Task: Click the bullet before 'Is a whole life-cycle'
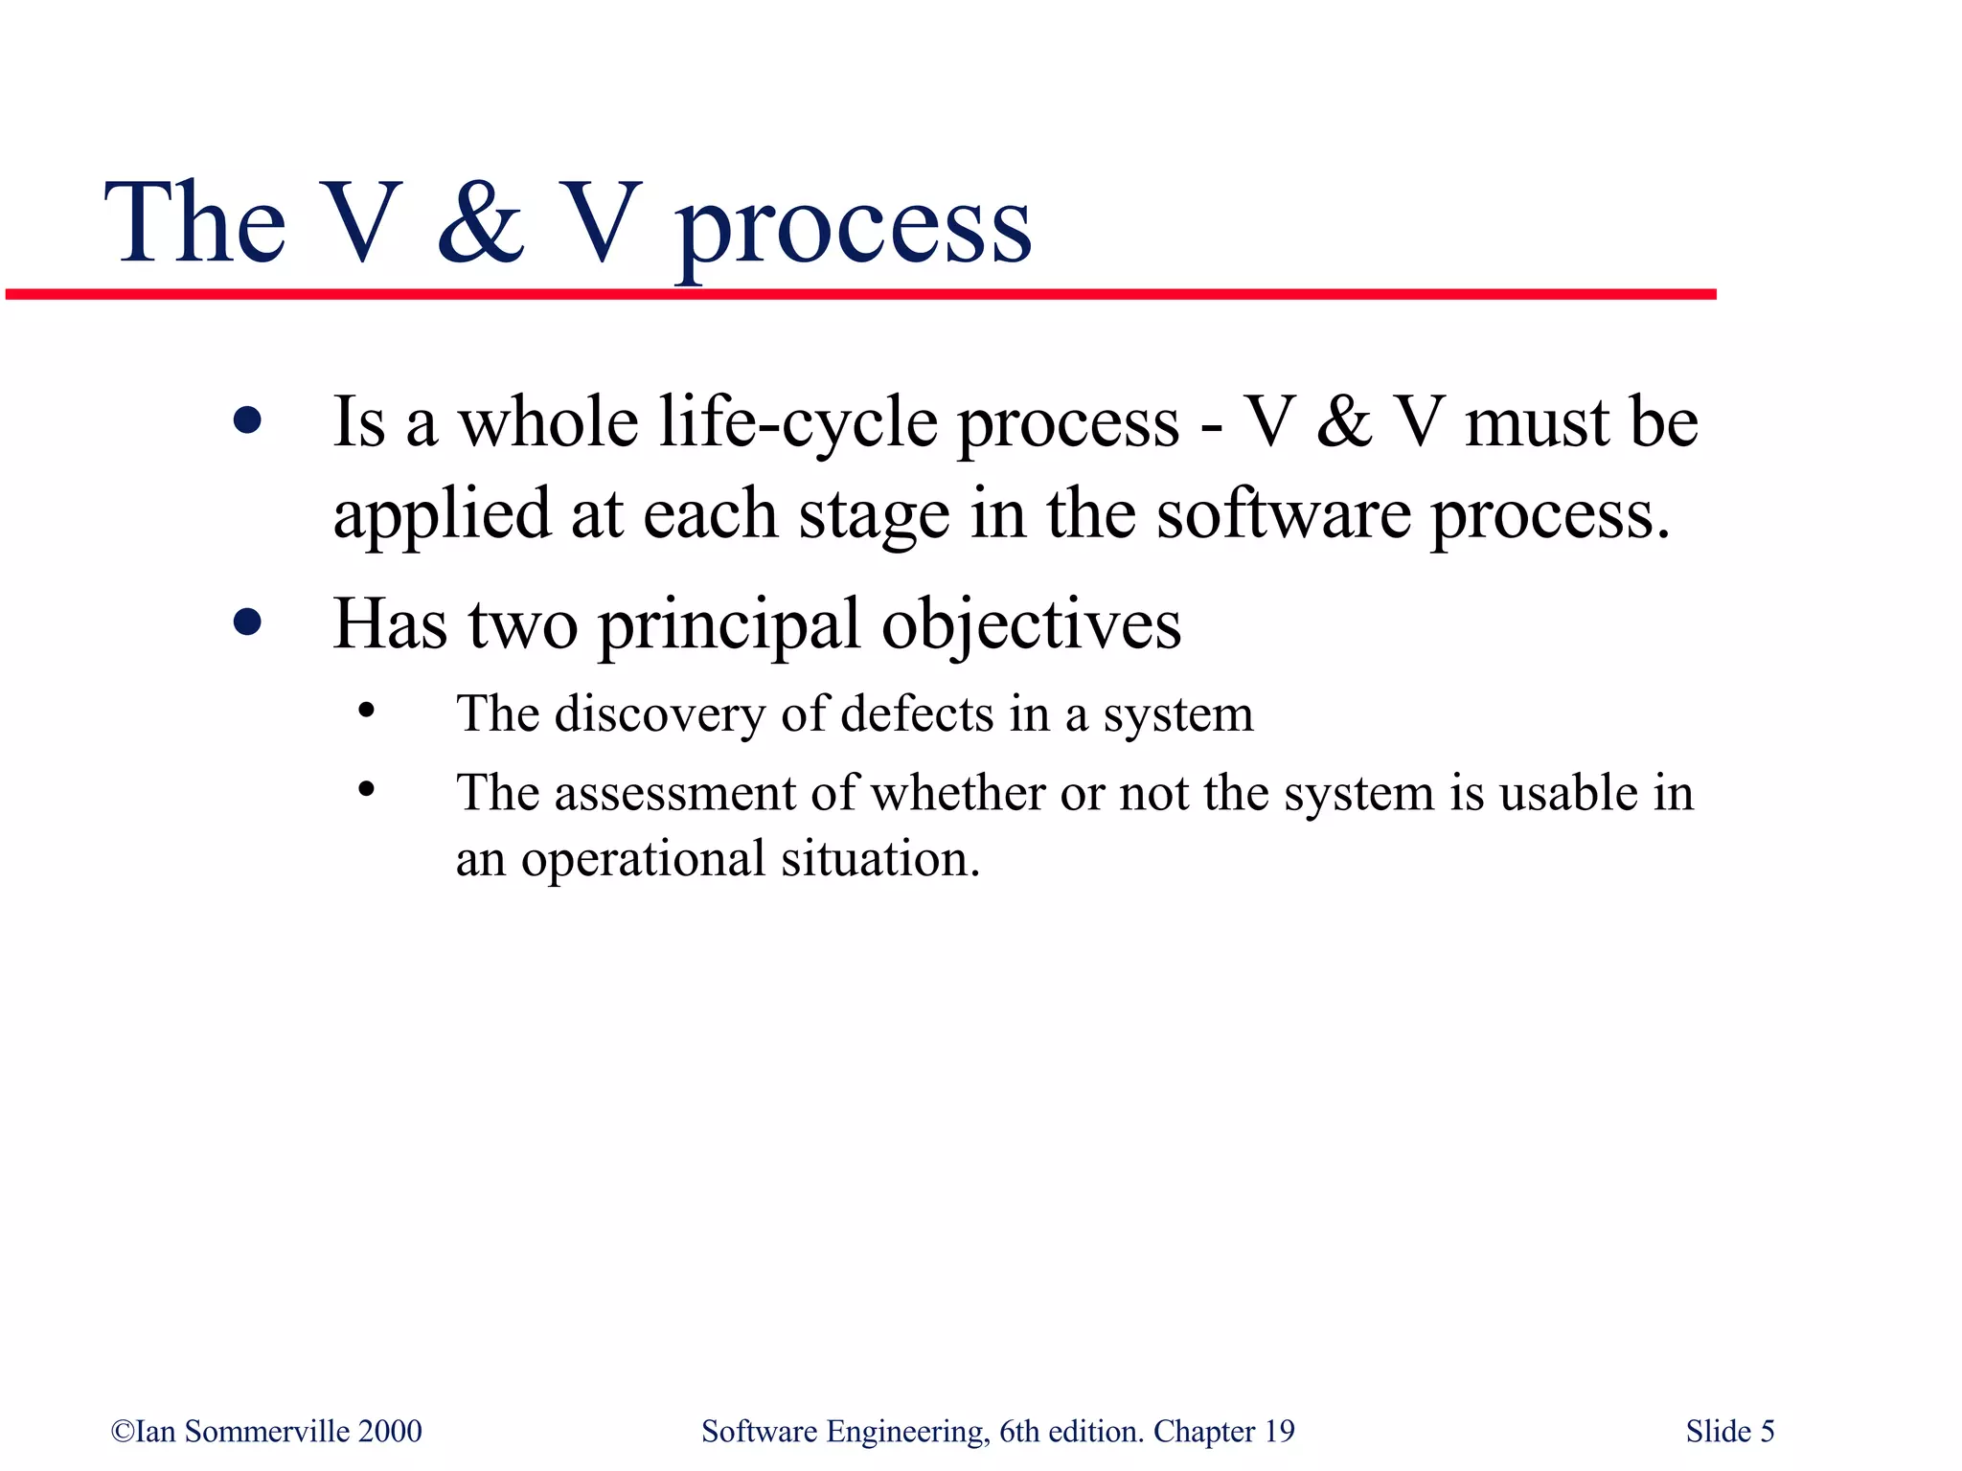click(x=247, y=420)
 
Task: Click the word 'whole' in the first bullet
click(x=548, y=422)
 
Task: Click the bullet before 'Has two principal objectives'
click(x=247, y=622)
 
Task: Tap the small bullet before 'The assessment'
click(x=365, y=790)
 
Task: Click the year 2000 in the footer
click(x=390, y=1431)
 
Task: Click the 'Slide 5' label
click(x=1729, y=1431)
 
